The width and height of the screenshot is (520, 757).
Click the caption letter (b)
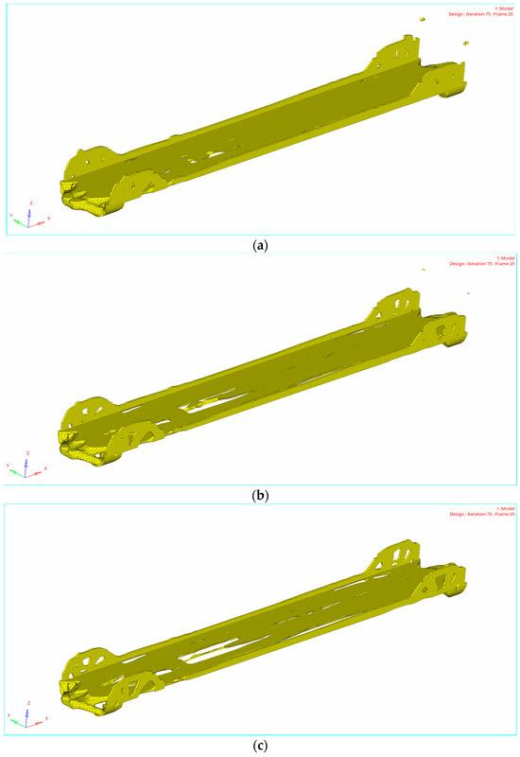pyautogui.click(x=259, y=494)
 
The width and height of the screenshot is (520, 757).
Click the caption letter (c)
pyautogui.click(x=259, y=745)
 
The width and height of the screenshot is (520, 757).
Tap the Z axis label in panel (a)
pyautogui.click(x=32, y=202)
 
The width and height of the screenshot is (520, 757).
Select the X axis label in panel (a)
pyautogui.click(x=48, y=219)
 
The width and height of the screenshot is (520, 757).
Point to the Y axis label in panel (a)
pyautogui.click(x=11, y=215)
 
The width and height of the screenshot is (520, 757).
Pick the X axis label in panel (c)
pyautogui.click(x=48, y=719)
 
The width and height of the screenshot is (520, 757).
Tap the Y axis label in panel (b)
pyautogui.click(x=11, y=466)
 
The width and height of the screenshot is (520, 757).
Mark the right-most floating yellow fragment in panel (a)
pyautogui.click(x=465, y=44)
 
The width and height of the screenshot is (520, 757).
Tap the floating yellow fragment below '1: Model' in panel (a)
pyautogui.click(x=423, y=18)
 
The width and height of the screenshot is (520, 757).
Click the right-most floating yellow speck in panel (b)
pyautogui.click(x=467, y=293)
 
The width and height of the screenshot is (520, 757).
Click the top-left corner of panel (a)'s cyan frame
pyautogui.click(x=6, y=4)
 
